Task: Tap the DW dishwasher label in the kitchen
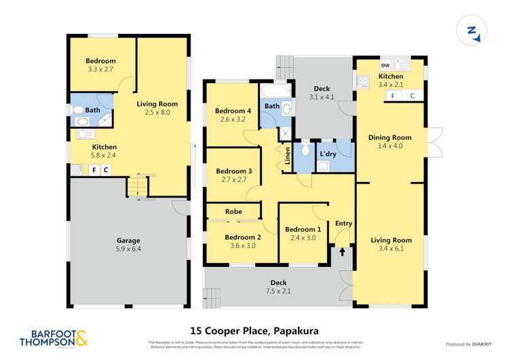(384, 65)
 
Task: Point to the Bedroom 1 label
(303, 233)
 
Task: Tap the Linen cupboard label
(288, 155)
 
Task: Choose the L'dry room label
(328, 155)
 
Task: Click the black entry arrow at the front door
(342, 251)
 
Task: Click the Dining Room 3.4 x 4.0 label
(390, 141)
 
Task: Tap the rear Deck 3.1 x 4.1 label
(322, 93)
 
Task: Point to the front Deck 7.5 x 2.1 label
(278, 287)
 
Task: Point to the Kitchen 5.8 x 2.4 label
(104, 151)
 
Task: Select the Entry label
(343, 223)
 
